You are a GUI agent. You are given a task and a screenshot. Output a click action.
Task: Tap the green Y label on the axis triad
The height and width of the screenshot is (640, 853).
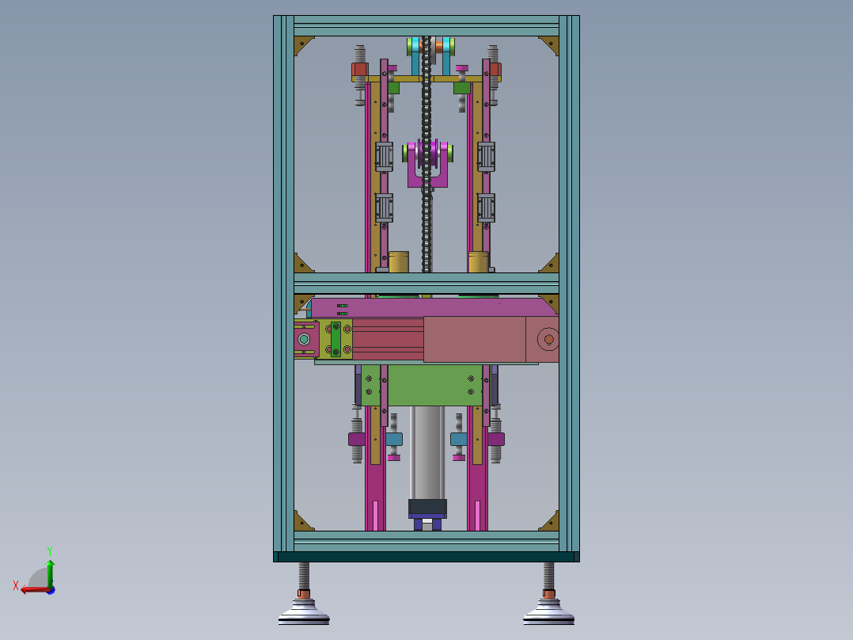pyautogui.click(x=50, y=550)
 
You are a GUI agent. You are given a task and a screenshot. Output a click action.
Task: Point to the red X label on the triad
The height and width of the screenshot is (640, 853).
pyautogui.click(x=16, y=586)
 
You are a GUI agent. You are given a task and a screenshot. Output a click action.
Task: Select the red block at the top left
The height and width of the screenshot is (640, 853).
pyautogui.click(x=359, y=70)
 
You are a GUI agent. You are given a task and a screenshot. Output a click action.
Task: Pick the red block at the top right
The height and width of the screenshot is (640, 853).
pyautogui.click(x=495, y=70)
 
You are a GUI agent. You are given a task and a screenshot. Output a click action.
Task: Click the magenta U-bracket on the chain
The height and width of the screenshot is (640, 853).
pyautogui.click(x=427, y=164)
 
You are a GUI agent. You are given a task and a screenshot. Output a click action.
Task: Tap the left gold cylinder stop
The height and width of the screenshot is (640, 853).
pyautogui.click(x=399, y=262)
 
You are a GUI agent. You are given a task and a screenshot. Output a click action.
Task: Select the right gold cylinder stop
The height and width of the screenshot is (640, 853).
pyautogui.click(x=479, y=262)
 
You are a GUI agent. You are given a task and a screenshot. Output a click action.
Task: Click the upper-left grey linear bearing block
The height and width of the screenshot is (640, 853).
pyautogui.click(x=384, y=157)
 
